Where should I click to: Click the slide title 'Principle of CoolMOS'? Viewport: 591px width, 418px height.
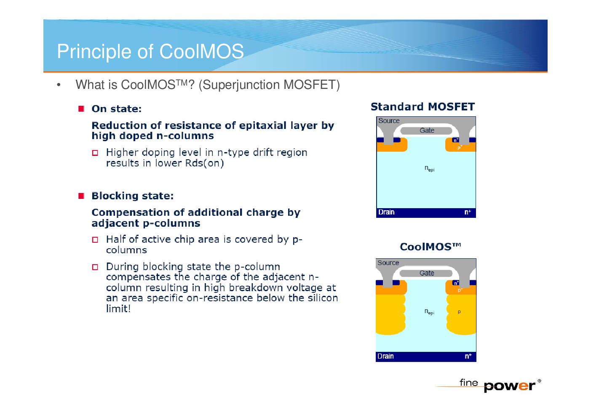[x=150, y=51]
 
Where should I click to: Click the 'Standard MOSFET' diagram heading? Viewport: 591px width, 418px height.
[x=423, y=107]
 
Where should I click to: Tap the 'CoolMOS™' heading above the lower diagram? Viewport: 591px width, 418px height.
[x=431, y=247]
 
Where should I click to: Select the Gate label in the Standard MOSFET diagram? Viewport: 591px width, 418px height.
[x=427, y=130]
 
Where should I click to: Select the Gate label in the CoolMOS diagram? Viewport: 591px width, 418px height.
[x=427, y=273]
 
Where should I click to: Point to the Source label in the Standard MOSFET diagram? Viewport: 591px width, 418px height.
[x=389, y=121]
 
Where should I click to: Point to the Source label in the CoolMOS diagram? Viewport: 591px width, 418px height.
[x=388, y=263]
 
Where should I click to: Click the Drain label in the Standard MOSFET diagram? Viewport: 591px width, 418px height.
[x=386, y=212]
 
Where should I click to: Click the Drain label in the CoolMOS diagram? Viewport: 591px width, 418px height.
[x=385, y=356]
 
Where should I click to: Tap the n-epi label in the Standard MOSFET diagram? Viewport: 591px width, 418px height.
[x=430, y=169]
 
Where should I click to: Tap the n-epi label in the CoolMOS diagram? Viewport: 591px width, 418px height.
[x=429, y=312]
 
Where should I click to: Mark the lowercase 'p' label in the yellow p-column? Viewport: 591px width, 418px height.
[x=459, y=312]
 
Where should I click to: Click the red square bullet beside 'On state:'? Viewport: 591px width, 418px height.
[x=81, y=109]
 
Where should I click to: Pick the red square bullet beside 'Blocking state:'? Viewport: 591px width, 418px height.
[x=81, y=196]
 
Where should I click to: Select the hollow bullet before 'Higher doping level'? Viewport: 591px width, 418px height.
[x=95, y=153]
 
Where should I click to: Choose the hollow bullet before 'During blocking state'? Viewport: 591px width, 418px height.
[x=95, y=267]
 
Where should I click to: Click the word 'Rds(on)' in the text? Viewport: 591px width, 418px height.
[x=204, y=163]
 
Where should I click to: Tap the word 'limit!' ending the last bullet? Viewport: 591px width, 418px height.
[x=118, y=308]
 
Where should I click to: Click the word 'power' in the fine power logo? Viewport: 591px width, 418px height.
[x=509, y=386]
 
